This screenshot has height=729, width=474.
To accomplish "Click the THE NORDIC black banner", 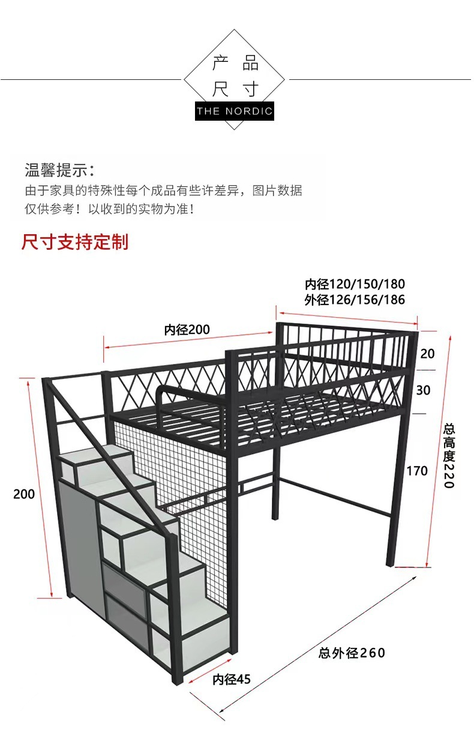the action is (235, 111).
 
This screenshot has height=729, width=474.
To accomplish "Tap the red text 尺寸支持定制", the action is (75, 242).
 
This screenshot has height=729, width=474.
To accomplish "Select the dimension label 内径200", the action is (187, 330).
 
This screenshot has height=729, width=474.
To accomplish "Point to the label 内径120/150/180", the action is (355, 284).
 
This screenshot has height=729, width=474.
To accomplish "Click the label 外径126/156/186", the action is (355, 300).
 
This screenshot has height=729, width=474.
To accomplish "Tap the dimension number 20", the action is (427, 353).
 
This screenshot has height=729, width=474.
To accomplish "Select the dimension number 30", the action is (423, 390).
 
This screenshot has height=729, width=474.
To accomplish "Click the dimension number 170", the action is (417, 470).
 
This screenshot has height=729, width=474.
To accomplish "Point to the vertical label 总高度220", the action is (449, 456).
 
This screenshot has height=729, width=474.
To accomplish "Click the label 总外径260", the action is (352, 653).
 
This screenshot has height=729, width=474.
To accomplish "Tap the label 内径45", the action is (232, 679).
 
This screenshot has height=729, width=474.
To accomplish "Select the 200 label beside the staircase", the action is (24, 494).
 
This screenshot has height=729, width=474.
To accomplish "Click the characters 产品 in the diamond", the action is (235, 63).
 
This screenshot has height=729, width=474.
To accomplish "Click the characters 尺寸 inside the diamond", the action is (235, 89).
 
